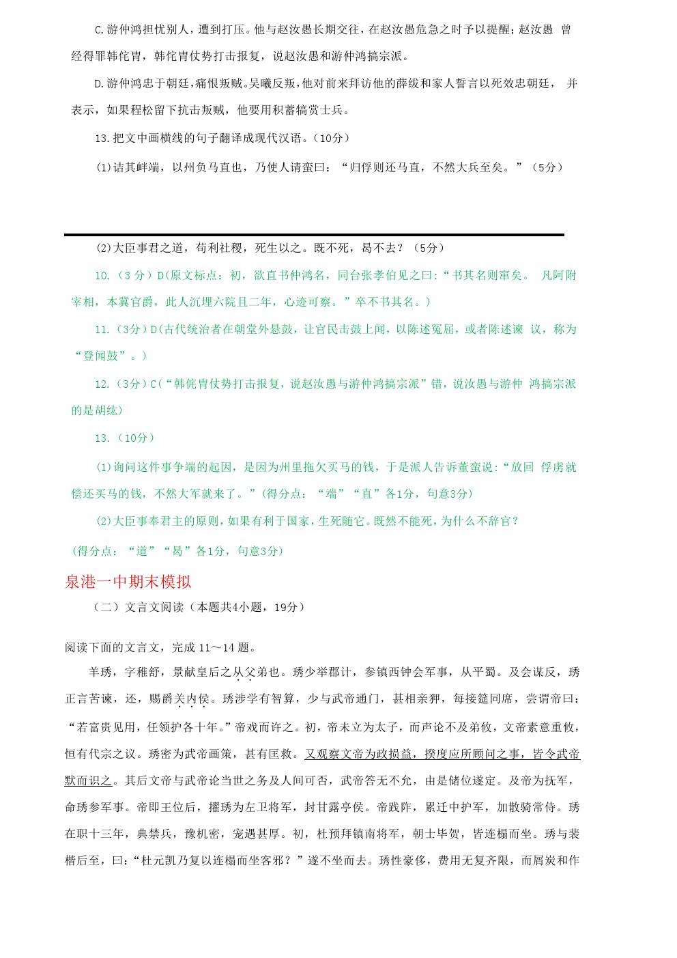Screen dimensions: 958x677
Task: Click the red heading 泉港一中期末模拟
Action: (128, 582)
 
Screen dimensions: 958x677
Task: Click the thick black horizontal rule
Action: (314, 235)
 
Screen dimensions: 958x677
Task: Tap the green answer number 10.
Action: (102, 276)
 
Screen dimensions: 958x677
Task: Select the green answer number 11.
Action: (102, 330)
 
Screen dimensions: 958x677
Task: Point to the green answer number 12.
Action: (102, 384)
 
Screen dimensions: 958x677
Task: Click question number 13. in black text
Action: (102, 139)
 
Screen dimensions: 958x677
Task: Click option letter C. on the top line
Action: (99, 30)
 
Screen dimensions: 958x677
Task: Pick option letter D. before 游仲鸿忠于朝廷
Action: (99, 84)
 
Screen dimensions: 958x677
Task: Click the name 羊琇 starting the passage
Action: (100, 673)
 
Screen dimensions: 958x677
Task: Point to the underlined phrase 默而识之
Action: (88, 780)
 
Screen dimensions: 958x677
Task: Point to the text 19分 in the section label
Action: (285, 607)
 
